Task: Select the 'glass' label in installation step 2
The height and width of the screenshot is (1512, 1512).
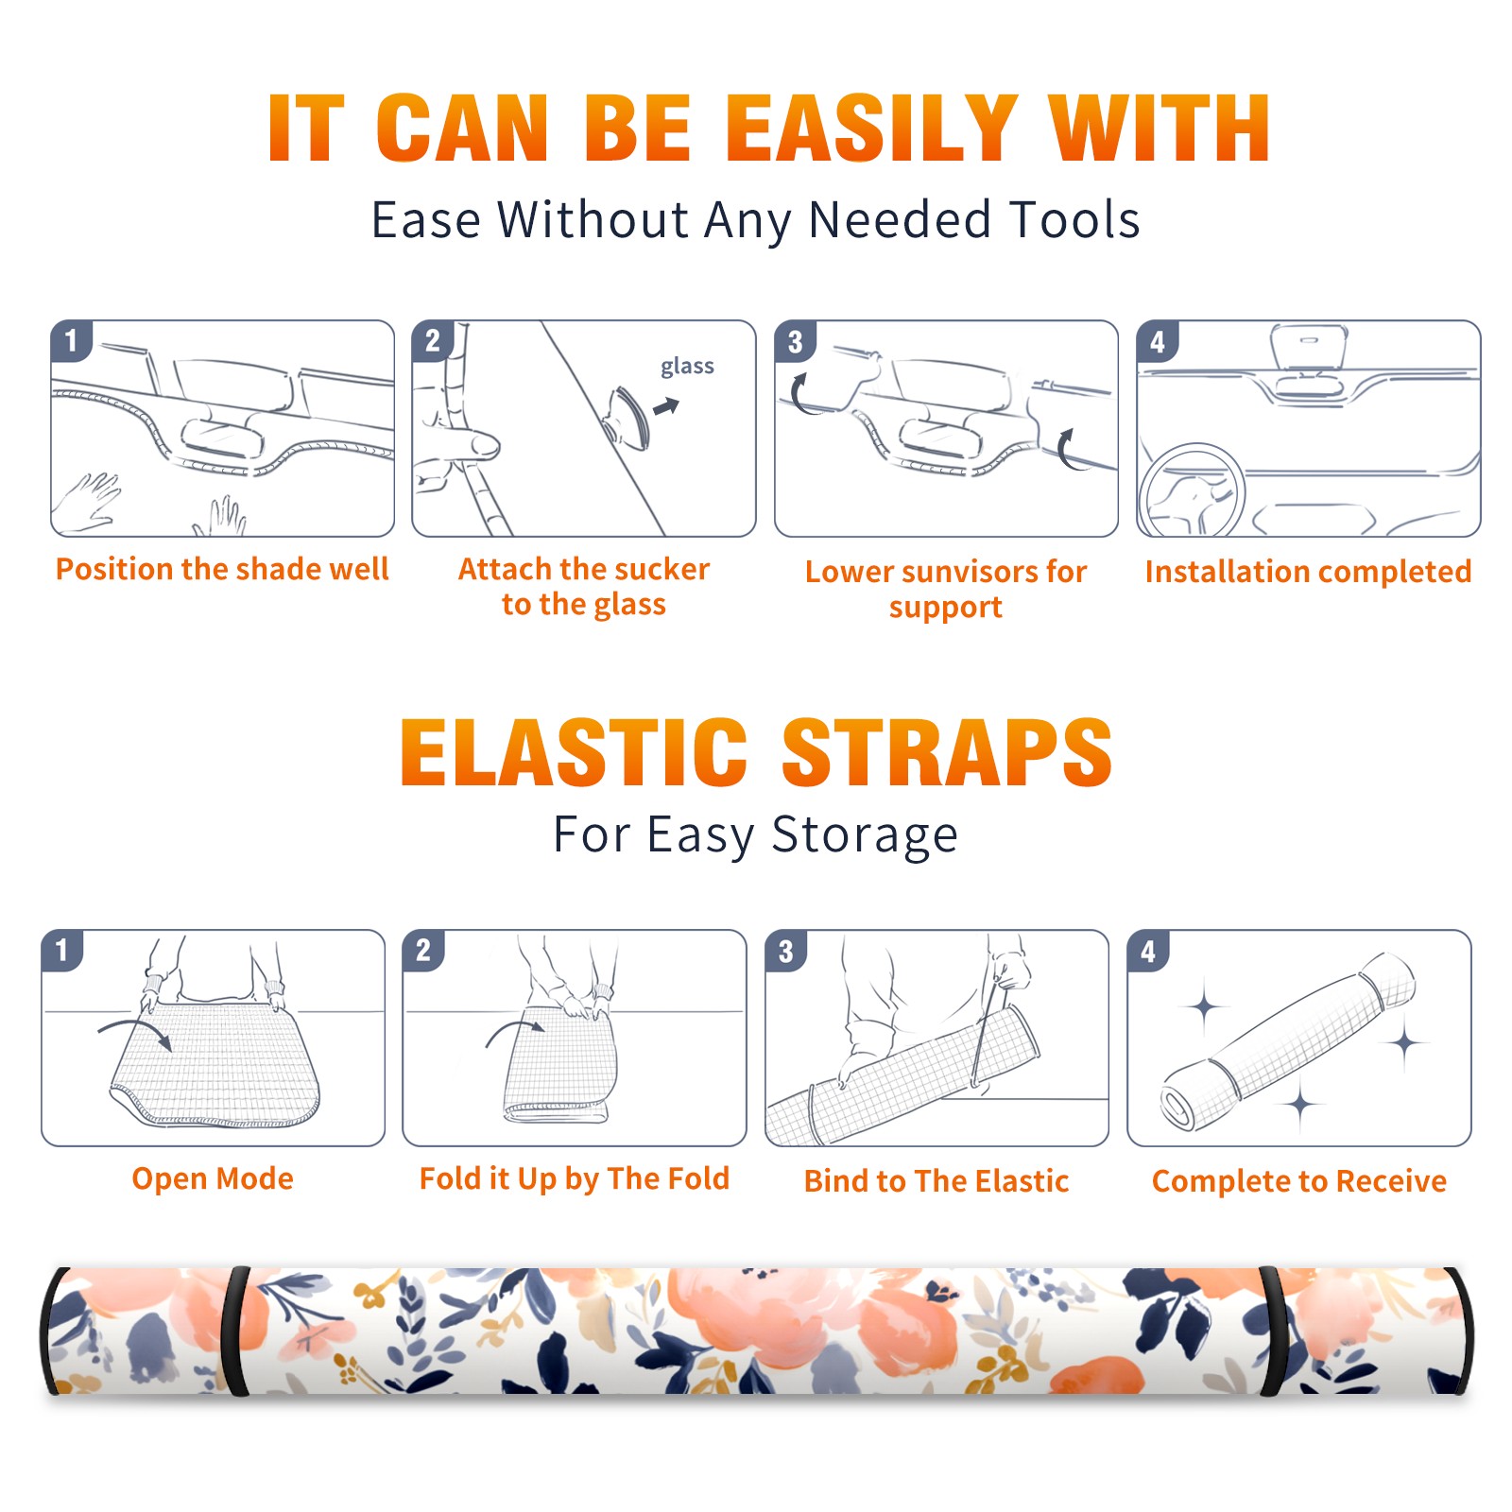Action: [x=687, y=367]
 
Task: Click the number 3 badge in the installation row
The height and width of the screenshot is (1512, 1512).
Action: [x=794, y=341]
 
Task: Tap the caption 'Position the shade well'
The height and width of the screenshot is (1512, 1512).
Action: [x=222, y=569]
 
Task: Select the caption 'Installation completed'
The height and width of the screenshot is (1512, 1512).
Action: [x=1308, y=571]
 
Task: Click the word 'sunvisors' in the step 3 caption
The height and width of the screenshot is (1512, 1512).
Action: [x=969, y=572]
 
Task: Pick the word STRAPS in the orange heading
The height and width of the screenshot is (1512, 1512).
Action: [x=947, y=752]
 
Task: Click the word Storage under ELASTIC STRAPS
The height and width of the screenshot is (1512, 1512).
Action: [x=865, y=835]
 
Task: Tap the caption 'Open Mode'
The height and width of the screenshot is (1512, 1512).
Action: [x=213, y=1178]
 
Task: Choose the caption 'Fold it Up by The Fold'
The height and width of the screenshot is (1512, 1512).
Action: [x=575, y=1179]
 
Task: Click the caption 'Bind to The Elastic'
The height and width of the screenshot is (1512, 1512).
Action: [x=936, y=1181]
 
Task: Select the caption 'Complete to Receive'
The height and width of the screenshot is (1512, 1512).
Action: [x=1299, y=1181]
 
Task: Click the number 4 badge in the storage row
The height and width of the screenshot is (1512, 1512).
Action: [x=1147, y=951]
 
